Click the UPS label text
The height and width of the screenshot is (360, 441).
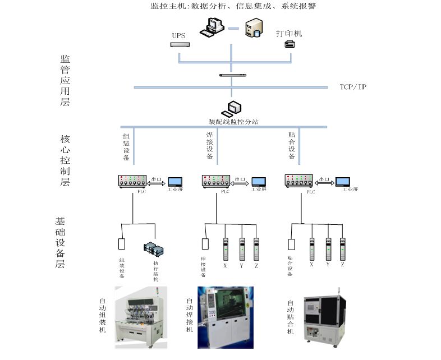[x=178, y=35]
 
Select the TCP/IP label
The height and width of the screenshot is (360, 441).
[x=353, y=87]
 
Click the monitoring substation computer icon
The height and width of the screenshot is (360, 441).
[x=232, y=108]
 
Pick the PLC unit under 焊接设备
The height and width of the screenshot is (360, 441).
[x=216, y=181]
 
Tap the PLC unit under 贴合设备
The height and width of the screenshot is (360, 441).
[x=298, y=181]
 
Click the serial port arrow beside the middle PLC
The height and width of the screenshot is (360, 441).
[x=240, y=182]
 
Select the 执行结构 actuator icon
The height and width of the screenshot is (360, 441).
[x=153, y=247]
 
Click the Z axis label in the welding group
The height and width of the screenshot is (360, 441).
[x=256, y=265]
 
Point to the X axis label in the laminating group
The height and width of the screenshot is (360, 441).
[x=311, y=264]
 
